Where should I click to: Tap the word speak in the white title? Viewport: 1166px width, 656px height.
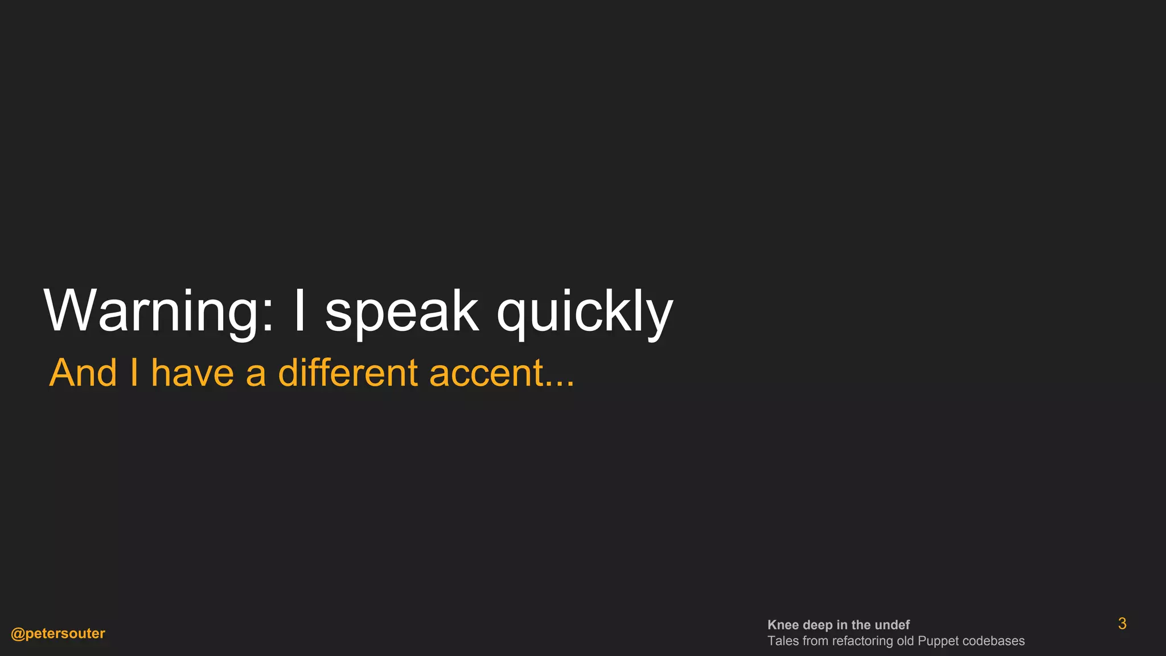pos(401,311)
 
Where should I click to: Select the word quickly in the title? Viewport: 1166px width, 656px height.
pos(585,311)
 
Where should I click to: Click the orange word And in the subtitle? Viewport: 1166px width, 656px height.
pos(83,373)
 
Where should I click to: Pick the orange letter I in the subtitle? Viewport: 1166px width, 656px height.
pos(134,373)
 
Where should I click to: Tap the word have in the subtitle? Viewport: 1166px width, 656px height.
pos(192,373)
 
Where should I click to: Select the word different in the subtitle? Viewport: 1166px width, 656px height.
pos(348,373)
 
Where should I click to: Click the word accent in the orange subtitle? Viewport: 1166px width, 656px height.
pos(486,373)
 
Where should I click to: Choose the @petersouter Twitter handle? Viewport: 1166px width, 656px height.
pos(58,633)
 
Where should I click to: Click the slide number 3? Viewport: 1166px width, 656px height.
pos(1122,624)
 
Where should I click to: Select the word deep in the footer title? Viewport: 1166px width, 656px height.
pos(817,625)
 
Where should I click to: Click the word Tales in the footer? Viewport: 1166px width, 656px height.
pos(783,641)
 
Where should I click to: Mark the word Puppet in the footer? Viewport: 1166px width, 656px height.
pos(938,641)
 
